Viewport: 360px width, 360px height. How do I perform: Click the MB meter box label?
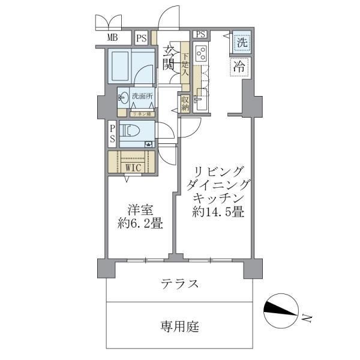112,38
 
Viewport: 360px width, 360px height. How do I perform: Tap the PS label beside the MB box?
141,38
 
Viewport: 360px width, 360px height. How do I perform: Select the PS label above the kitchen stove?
200,35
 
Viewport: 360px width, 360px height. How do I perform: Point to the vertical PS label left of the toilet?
112,134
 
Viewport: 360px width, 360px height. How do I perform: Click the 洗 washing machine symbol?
241,43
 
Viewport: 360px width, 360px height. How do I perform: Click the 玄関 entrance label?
168,59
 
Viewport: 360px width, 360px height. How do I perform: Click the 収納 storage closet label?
185,102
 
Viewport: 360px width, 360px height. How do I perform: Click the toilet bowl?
132,130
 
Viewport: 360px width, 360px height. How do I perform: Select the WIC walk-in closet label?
133,167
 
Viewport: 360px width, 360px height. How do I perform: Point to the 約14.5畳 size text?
217,212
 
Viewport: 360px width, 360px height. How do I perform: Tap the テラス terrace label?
179,283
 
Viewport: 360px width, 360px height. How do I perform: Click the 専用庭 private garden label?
179,327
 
